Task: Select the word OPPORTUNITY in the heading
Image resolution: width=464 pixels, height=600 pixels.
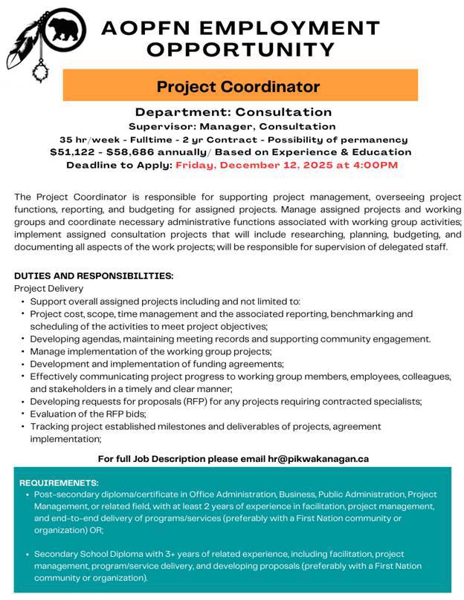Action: coord(241,50)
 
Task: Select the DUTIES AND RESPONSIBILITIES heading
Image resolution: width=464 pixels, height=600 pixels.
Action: coord(94,275)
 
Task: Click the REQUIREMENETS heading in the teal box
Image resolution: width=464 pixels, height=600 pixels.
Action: coord(59,483)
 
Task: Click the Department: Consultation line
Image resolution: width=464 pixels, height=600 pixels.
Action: coord(233,112)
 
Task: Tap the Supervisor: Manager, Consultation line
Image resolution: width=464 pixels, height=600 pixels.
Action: coord(232,126)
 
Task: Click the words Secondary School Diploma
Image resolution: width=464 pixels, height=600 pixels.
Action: coord(81,553)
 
